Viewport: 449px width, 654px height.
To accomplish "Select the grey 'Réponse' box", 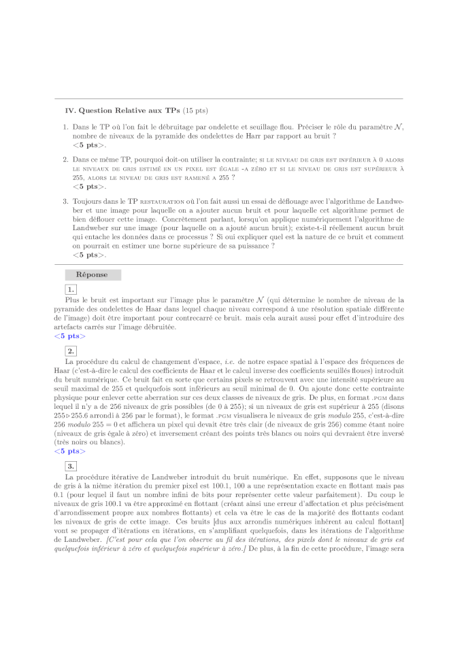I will click(93, 275).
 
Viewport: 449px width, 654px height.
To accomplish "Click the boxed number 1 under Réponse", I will click(70, 289).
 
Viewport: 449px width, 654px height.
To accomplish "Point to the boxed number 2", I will click(70, 350).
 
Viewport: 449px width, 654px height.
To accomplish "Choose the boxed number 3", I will click(70, 465).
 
